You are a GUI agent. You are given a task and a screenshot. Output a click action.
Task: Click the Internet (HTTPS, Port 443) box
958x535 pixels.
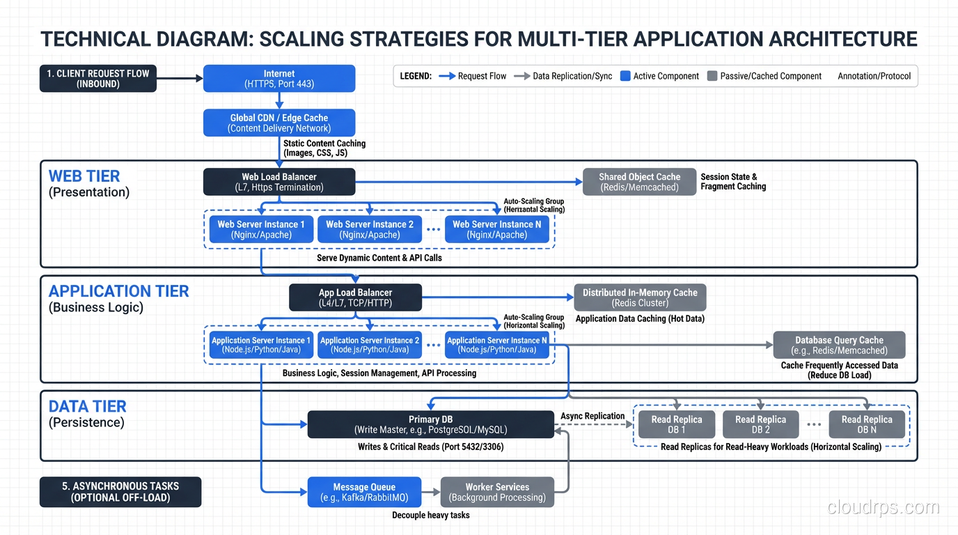click(279, 79)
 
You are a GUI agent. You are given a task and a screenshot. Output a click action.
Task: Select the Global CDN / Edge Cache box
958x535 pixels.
click(279, 123)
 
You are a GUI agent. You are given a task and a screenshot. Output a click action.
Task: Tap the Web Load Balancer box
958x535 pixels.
click(279, 182)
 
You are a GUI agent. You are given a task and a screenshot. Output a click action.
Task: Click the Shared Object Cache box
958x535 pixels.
click(640, 182)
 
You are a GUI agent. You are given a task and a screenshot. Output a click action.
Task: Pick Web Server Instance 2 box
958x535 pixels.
click(370, 229)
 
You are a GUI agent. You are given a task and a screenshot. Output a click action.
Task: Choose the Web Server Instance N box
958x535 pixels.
click(497, 229)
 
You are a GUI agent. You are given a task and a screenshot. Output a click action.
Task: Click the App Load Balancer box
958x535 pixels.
click(355, 297)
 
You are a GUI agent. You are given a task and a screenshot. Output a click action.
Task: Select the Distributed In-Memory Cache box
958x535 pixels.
click(640, 297)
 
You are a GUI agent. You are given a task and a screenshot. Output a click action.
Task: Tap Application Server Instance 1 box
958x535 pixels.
click(261, 345)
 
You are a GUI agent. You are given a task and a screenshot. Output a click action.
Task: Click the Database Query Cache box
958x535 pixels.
click(839, 345)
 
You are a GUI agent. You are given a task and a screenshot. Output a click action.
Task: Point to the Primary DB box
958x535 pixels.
click(430, 424)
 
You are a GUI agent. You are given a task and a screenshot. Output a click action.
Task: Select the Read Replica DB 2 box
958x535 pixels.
click(760, 424)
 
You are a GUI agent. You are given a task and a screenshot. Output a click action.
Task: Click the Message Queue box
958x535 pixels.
click(364, 492)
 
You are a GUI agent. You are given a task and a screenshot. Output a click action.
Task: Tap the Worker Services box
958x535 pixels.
click(497, 492)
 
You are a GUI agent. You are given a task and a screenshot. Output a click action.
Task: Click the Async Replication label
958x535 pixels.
click(592, 416)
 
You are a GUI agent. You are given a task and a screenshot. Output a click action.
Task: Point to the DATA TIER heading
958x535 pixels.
click(87, 406)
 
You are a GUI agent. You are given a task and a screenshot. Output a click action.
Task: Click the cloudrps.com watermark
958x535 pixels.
click(883, 507)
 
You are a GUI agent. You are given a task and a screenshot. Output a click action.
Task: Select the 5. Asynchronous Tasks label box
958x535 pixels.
click(120, 492)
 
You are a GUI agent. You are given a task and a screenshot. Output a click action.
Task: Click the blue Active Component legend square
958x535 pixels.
click(625, 76)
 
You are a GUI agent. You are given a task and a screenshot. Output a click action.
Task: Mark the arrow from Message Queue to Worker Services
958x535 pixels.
click(431, 492)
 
